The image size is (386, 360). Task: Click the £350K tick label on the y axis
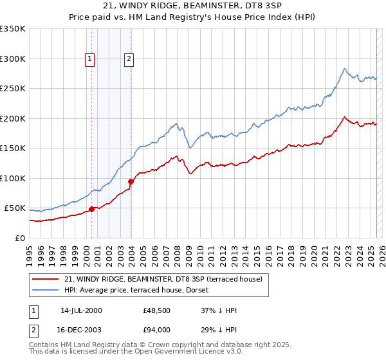pos(13,29)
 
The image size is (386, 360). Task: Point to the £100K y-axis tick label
pos(13,178)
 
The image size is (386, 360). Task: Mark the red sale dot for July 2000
pos(92,209)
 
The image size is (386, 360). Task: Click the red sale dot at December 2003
pos(131,181)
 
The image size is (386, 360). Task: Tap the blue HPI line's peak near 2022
pos(345,69)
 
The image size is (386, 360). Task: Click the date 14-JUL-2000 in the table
pos(81,310)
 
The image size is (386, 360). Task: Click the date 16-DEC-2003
pos(81,329)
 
